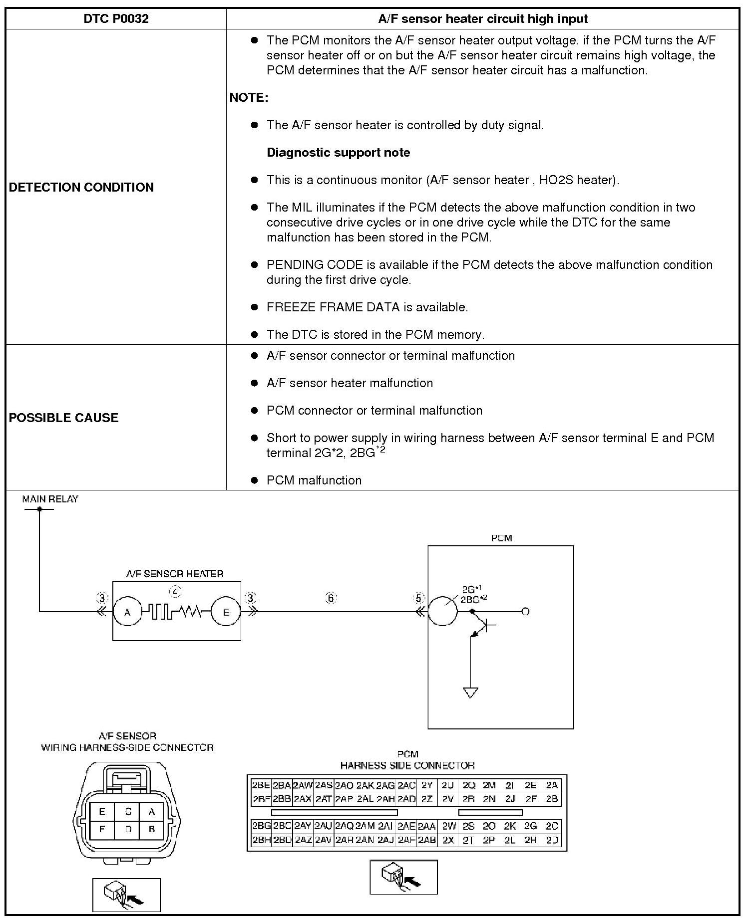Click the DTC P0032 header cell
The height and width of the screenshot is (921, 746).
coord(116,19)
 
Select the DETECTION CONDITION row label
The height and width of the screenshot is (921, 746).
coord(81,187)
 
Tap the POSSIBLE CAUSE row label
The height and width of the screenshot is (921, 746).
coord(64,418)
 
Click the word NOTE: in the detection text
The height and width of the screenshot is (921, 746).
coord(249,98)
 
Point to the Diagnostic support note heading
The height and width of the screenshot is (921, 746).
coord(338,153)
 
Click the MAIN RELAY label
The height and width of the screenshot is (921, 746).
coord(50,499)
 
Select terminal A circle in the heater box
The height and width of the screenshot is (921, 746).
coord(127,612)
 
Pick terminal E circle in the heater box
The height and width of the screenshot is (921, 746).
coord(226,612)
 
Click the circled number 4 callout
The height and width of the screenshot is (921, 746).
coord(175,592)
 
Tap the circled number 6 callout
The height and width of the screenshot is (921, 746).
coord(331,598)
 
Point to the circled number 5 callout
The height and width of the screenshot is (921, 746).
coord(419,598)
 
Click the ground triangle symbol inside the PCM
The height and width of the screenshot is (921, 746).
coord(470,692)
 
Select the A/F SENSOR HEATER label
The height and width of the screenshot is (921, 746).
coord(175,574)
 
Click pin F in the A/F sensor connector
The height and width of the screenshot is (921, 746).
coord(102,829)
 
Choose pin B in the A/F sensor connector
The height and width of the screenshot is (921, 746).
coord(152,829)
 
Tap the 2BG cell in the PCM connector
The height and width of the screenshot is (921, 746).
coord(261,826)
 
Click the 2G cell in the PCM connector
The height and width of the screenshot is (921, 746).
coord(530,826)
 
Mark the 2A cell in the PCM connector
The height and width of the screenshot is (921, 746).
coord(551,785)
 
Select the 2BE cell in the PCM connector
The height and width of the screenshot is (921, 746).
coord(261,785)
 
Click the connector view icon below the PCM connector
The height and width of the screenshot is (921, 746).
coord(403,877)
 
